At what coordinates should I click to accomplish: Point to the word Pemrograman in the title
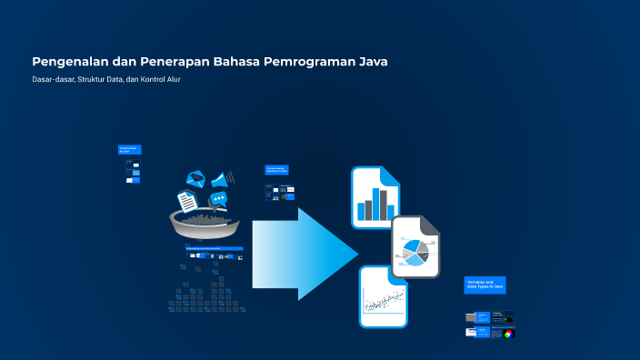(309, 63)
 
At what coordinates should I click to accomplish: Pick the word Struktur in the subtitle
(98, 79)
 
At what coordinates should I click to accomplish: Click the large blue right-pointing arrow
(304, 254)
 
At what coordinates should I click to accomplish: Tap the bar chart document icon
(375, 197)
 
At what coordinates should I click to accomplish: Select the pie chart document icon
(416, 247)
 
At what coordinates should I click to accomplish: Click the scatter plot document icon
(384, 297)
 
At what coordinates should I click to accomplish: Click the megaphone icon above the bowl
(222, 178)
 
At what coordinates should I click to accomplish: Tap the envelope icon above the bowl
(197, 180)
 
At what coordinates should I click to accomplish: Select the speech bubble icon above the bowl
(218, 199)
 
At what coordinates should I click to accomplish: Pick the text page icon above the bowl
(187, 200)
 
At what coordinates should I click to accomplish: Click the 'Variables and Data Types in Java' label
(485, 285)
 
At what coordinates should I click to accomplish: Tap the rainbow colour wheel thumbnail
(509, 333)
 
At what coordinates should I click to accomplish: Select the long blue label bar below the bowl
(214, 248)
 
